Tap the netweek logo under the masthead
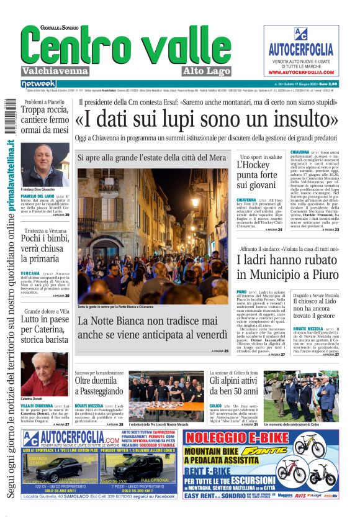coord(38,84)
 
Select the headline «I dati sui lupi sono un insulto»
coord(207,119)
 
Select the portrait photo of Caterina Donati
coord(45,373)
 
